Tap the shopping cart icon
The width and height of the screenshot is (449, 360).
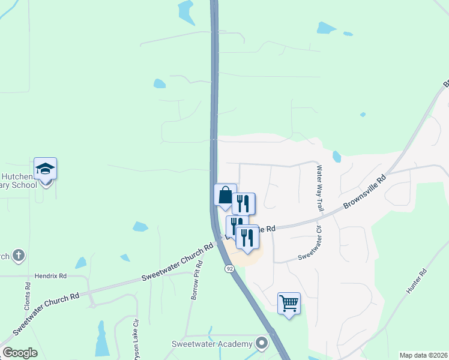[x=289, y=304]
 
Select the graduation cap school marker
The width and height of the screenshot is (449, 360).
[x=45, y=169]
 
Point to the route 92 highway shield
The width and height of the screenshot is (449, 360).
[x=229, y=268]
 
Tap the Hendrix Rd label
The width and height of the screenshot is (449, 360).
[x=50, y=275]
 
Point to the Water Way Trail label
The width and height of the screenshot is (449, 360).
[x=320, y=186]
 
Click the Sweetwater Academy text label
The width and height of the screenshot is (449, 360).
[x=211, y=344]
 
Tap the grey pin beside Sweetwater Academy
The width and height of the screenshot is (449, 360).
[x=261, y=344]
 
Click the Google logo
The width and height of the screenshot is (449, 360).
[x=20, y=353]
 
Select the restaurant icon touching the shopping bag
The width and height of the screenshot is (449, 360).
[x=244, y=203]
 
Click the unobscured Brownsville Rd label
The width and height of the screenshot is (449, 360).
[x=365, y=193]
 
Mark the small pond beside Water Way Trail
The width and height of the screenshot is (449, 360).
[x=336, y=157]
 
